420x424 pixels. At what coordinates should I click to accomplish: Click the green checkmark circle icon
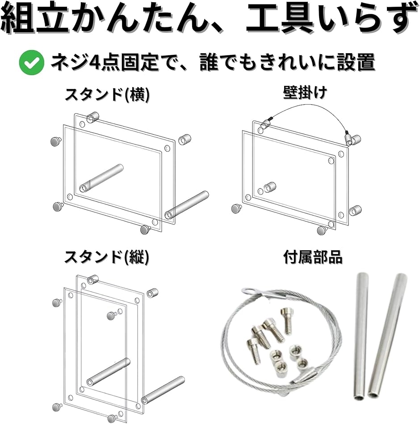[31, 63]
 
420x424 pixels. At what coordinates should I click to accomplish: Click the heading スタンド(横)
[107, 95]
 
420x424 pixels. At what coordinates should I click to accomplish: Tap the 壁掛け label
[305, 93]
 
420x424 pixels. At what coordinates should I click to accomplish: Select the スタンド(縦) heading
[106, 257]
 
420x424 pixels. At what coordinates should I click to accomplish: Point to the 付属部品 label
[313, 257]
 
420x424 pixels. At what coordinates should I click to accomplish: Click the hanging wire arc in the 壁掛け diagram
[311, 107]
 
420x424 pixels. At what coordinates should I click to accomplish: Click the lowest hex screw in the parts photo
[253, 351]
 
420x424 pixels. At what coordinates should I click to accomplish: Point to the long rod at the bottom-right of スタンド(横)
[187, 205]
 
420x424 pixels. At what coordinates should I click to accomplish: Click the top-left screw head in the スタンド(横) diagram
[56, 141]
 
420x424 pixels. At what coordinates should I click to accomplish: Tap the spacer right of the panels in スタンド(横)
[185, 139]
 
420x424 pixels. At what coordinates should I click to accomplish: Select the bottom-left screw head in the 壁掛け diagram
[237, 208]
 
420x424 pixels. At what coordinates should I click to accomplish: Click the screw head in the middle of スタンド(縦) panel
[112, 315]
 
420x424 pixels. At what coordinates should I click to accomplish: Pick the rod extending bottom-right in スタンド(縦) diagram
[163, 390]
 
